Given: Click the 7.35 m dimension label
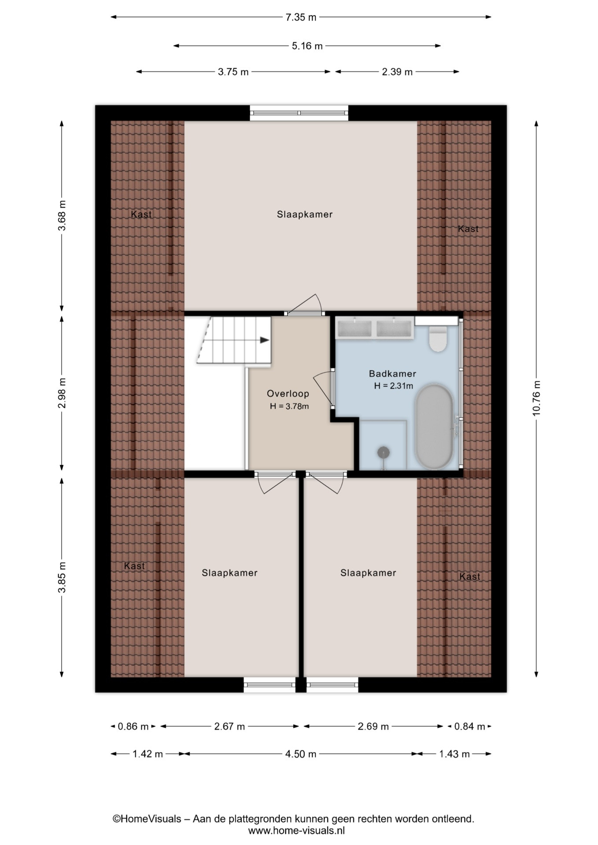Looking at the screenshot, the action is (301, 17).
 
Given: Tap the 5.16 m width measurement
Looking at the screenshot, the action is (307, 46).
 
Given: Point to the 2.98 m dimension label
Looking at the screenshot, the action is (62, 393).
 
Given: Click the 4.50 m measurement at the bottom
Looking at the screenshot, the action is (301, 754).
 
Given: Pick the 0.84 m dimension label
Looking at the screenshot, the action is (469, 727).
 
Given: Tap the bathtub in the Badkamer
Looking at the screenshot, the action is (435, 427).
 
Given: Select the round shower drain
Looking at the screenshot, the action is (384, 452).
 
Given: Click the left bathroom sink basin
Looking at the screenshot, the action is (354, 328).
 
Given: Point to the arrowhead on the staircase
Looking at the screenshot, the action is (265, 340).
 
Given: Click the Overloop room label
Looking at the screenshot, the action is (288, 394).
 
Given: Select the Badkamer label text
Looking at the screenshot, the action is (392, 374).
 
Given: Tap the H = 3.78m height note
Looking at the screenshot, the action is (289, 406).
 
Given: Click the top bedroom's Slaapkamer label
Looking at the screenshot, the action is (305, 214).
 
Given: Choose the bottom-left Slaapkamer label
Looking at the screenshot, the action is (229, 573).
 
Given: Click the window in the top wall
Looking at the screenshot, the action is (299, 113).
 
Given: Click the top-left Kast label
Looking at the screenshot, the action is (141, 214).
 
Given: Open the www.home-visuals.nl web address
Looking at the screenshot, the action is (296, 830).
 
